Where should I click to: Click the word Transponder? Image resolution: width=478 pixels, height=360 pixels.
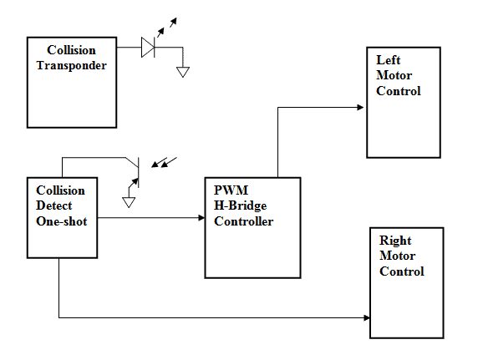71,66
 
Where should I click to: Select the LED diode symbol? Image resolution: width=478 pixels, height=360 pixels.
148,48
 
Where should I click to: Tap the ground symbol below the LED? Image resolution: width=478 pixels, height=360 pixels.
183,72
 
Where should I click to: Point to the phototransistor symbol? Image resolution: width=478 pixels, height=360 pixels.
135,173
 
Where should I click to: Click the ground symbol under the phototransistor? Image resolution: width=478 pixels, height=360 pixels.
129,202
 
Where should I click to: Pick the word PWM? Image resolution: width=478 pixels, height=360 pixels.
231,190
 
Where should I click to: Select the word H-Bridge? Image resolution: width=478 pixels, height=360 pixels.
240,205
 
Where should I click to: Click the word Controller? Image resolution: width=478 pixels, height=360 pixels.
243,221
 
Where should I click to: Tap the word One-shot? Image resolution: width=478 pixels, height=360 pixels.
62,221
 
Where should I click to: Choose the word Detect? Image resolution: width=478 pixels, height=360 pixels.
54,205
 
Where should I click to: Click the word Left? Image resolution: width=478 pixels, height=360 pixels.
388,60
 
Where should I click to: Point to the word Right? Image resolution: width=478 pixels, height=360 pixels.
395,241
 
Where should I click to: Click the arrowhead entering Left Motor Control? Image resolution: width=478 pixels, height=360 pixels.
360,107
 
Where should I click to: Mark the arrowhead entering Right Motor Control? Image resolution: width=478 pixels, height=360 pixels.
367,318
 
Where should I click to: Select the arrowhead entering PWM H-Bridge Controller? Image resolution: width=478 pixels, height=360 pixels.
201,218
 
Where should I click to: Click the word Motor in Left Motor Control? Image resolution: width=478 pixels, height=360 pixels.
394,75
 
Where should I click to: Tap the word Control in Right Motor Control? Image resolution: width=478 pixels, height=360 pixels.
402,271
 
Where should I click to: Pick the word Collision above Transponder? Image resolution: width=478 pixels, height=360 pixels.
71,50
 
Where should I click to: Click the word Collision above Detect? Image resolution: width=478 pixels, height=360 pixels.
60,190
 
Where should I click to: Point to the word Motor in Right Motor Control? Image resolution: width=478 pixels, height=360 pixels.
397,256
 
